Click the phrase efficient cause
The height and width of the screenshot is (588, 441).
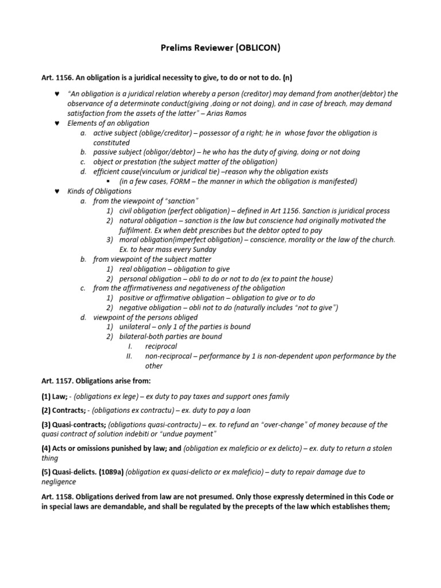point(115,172)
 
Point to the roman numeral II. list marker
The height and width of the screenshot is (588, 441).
point(129,356)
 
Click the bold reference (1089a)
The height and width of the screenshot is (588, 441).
point(106,472)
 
